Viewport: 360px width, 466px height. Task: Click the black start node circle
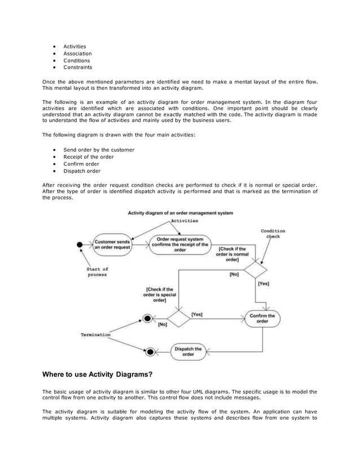81,245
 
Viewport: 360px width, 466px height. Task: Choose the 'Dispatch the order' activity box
188,351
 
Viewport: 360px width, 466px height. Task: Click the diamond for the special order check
178,318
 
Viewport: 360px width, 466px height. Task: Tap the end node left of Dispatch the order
150,351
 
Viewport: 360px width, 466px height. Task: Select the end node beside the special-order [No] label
148,319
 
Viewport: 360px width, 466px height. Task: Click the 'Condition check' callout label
273,234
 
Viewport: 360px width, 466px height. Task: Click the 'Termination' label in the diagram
95,335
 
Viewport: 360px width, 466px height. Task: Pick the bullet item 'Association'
77,53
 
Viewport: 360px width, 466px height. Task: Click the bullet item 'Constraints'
77,67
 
